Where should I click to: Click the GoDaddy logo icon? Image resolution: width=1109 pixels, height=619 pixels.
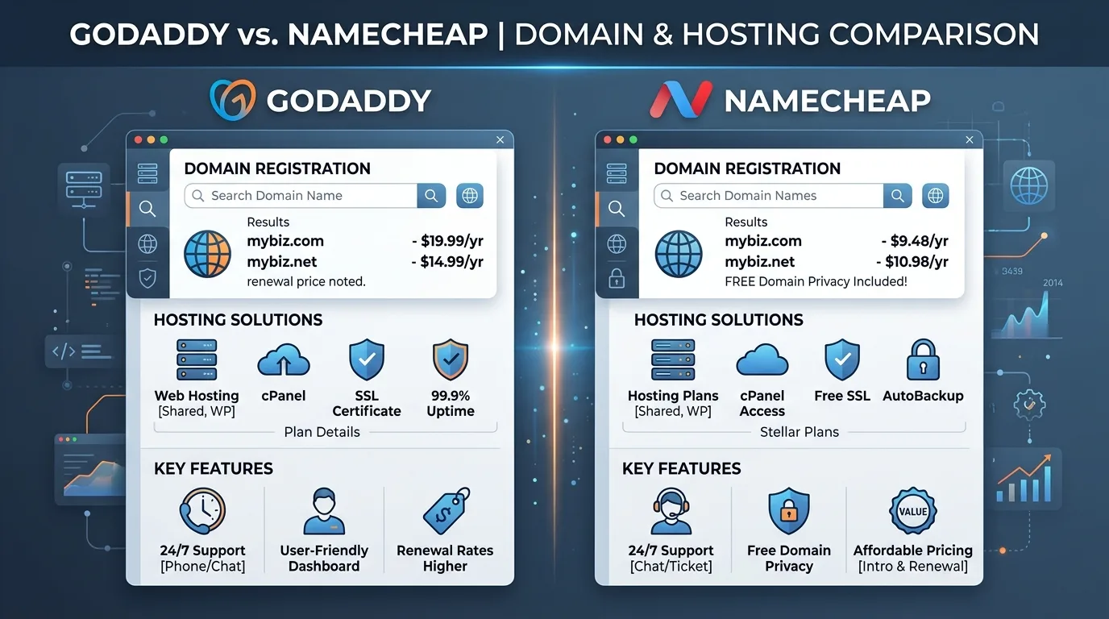point(233,100)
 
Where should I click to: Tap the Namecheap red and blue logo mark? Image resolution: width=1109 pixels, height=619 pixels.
point(681,100)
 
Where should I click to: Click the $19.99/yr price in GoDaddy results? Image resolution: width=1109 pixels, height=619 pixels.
point(447,241)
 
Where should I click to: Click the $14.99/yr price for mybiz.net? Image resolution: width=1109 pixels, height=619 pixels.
point(447,262)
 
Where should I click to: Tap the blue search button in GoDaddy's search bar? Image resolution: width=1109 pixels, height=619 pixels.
point(431,196)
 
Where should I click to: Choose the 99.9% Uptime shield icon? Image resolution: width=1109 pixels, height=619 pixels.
point(450,360)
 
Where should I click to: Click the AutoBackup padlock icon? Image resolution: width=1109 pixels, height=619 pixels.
point(923,359)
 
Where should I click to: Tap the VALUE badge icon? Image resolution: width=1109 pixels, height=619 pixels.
point(912,511)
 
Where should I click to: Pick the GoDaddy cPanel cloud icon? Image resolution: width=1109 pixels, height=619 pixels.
point(284,360)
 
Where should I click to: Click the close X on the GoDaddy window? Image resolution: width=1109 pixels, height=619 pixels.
point(500,140)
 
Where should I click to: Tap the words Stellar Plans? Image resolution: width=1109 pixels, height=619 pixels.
point(800,432)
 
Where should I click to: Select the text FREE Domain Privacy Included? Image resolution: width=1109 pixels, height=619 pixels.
point(816,282)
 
